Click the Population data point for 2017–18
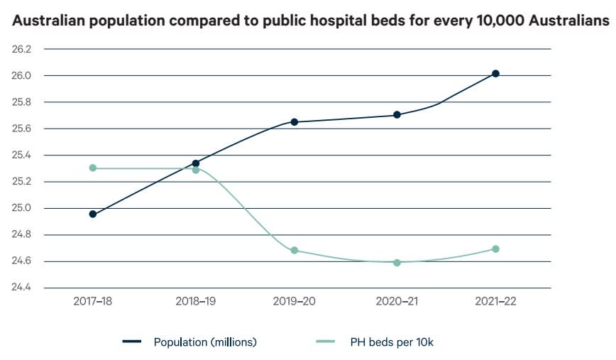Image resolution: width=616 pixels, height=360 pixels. point(92,214)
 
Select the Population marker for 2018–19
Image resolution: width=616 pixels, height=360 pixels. point(196,163)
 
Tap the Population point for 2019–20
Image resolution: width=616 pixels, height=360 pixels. point(295,122)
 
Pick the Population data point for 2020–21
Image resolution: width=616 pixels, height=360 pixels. point(397,114)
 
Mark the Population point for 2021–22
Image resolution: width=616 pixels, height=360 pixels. point(495,74)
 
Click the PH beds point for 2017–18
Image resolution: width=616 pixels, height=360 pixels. point(92,168)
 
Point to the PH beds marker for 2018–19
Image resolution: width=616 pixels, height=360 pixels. point(196,170)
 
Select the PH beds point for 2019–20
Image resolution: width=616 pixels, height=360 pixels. point(295,251)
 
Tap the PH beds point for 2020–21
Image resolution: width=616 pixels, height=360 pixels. point(397,263)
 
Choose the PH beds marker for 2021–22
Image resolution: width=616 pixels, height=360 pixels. point(495,249)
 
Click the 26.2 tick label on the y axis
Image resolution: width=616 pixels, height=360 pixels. point(22,49)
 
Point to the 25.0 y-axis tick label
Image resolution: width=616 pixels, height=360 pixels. point(22,208)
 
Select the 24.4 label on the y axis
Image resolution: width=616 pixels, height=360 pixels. point(22,288)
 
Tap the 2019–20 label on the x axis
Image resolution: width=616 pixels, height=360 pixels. point(295,301)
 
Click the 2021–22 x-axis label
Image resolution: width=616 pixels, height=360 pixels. point(495,301)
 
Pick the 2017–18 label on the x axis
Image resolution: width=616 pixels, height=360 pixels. point(93,301)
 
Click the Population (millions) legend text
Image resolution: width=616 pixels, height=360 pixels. point(205,342)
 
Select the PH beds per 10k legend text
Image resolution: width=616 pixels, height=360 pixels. point(391,342)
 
